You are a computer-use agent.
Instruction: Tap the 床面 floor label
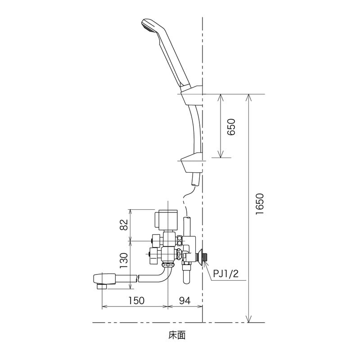point(177,335)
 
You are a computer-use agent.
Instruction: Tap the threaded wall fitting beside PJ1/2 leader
point(203,257)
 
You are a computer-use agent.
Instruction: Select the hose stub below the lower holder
point(195,180)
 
